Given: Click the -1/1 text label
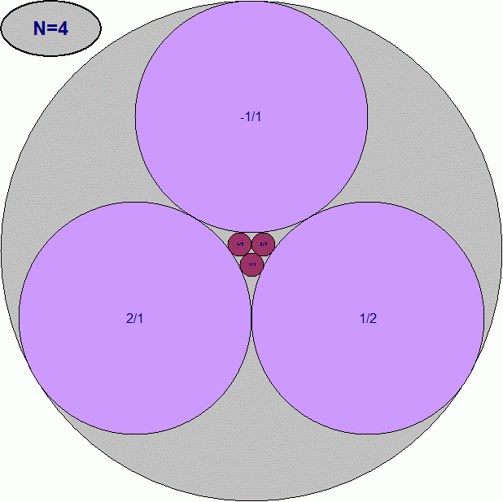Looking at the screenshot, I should pyautogui.click(x=251, y=116).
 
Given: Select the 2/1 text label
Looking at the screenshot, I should pyautogui.click(x=135, y=318).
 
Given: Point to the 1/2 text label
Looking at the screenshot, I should pyautogui.click(x=368, y=318).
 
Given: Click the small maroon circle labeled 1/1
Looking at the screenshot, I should pyautogui.click(x=252, y=264).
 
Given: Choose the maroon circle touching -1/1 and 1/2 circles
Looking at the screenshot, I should pyautogui.click(x=263, y=243).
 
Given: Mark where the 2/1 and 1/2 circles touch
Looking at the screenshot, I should pyautogui.click(x=251, y=317).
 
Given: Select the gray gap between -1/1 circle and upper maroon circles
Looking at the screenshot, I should pyautogui.click(x=251, y=236).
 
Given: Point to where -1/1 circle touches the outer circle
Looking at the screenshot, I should pyautogui.click(x=251, y=2).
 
